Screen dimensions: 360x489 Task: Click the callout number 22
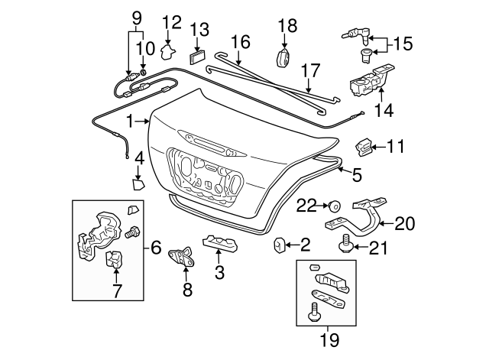pyautogui.click(x=306, y=205)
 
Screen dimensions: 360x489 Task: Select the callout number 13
pyautogui.click(x=199, y=29)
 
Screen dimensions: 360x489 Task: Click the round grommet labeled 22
pyautogui.click(x=334, y=206)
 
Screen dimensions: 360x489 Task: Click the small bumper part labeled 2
pyautogui.click(x=279, y=245)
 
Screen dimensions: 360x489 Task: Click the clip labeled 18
pyautogui.click(x=286, y=59)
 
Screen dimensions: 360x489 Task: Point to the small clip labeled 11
pyautogui.click(x=365, y=144)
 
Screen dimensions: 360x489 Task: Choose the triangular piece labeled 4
pyautogui.click(x=137, y=183)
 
